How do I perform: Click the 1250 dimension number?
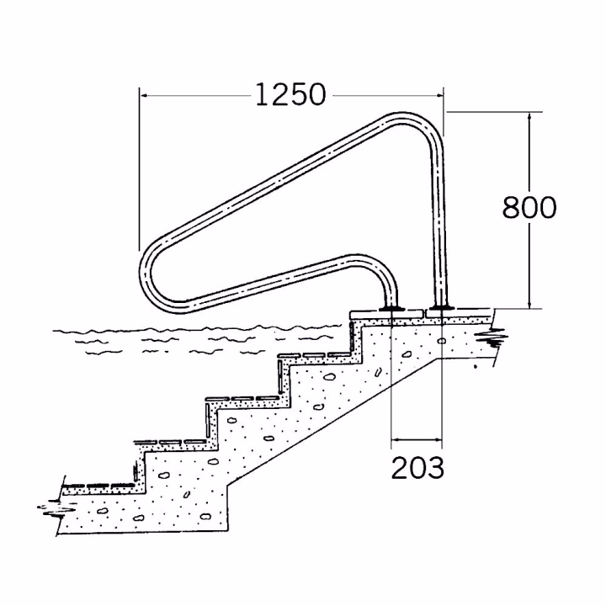290,94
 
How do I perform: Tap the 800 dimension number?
529,208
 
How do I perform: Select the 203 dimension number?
417,468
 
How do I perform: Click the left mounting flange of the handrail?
391,308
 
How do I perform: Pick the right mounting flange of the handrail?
441,308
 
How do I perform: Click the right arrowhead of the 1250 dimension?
439,94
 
